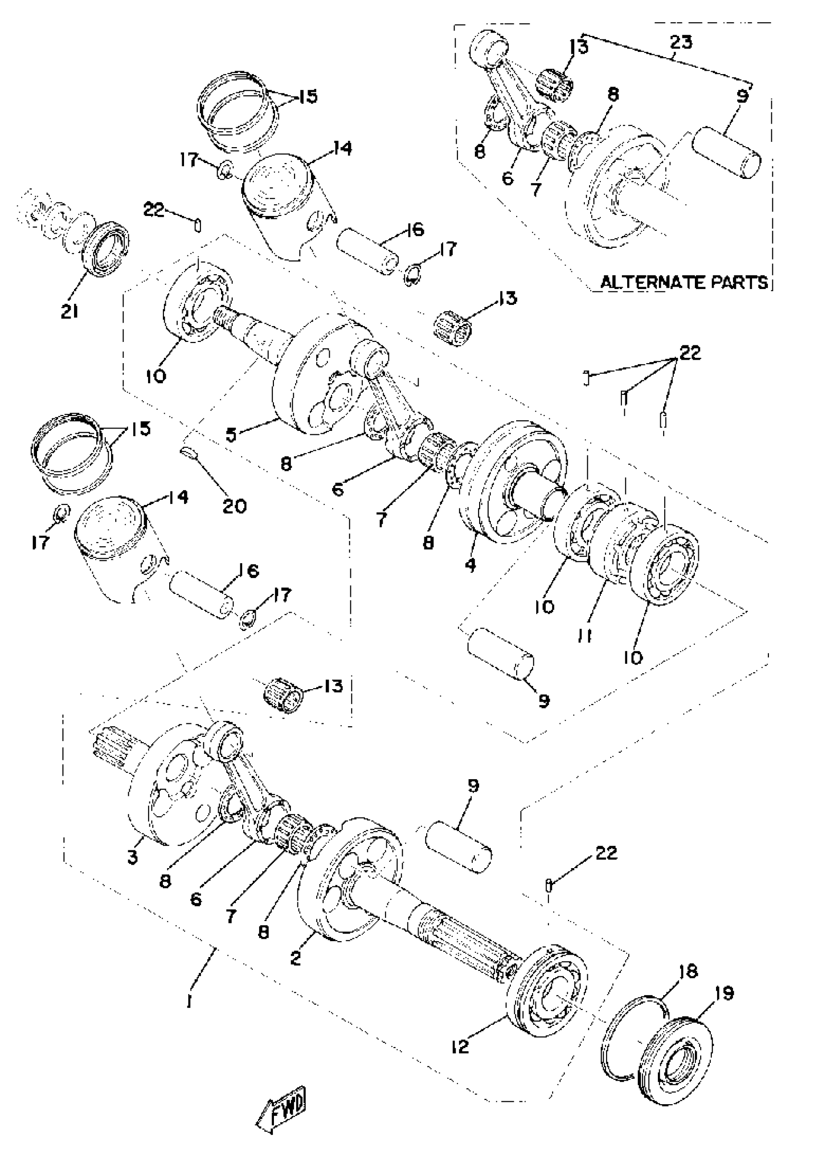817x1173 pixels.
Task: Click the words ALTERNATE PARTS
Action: (x=684, y=282)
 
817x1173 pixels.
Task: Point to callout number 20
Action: (x=235, y=506)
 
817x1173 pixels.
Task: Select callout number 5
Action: (x=231, y=435)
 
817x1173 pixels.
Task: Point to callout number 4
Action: (x=470, y=565)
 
